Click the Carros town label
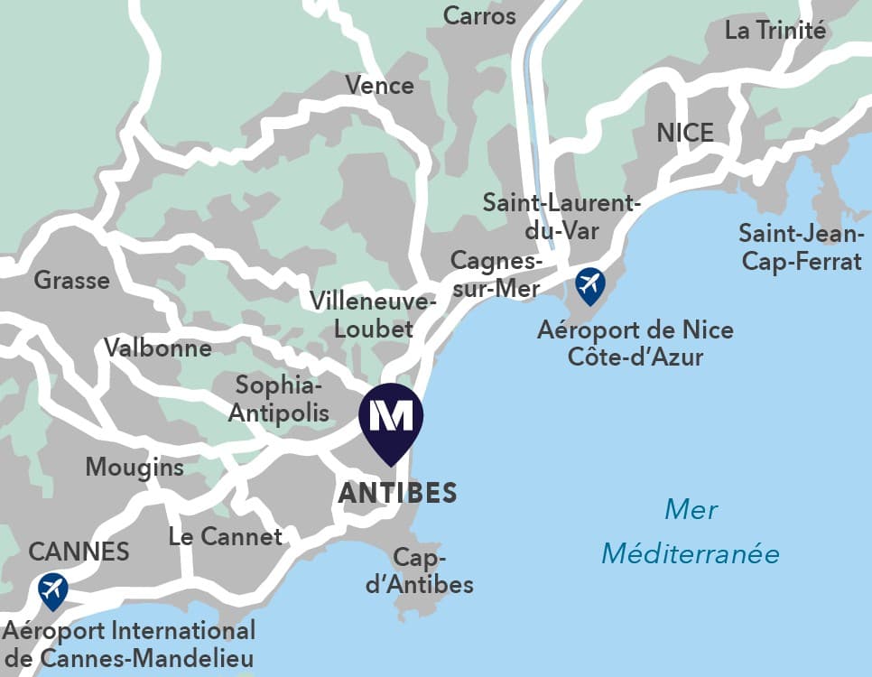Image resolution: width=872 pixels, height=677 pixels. (x=479, y=15)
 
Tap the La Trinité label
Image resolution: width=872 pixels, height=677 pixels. (x=775, y=30)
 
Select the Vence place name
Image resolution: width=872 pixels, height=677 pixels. (x=379, y=86)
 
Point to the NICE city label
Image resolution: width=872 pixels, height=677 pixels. (x=685, y=133)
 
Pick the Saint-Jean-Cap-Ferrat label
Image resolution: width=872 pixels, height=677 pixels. (x=800, y=247)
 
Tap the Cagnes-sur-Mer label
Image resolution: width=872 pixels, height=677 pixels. (x=496, y=274)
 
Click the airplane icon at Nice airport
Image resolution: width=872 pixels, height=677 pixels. (x=589, y=284)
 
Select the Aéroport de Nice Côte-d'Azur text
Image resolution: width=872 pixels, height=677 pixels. (x=635, y=343)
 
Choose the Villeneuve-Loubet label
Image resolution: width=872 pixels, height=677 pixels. (x=373, y=314)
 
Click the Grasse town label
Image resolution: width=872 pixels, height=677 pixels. (x=72, y=280)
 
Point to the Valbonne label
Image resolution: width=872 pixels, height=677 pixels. (x=158, y=348)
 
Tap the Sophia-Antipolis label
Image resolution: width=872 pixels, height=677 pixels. (x=279, y=399)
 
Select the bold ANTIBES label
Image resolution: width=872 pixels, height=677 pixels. (x=397, y=494)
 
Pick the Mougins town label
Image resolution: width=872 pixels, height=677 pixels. (x=135, y=467)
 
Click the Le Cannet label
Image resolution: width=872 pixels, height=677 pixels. (x=226, y=536)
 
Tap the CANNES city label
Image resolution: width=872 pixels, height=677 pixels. (x=79, y=551)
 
